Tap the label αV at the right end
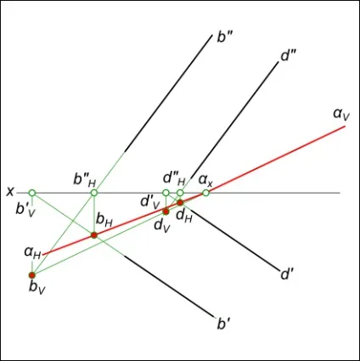341,114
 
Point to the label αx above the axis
205,180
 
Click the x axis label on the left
10,192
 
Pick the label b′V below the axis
25,210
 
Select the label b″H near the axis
85,179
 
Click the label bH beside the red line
104,220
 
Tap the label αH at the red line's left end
32,252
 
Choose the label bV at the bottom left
37,288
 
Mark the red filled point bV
32,275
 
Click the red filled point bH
94,235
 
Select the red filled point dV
166,212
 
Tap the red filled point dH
180,202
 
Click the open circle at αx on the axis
205,193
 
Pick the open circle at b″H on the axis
94,193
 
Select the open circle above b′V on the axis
32,193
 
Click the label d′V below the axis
150,202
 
